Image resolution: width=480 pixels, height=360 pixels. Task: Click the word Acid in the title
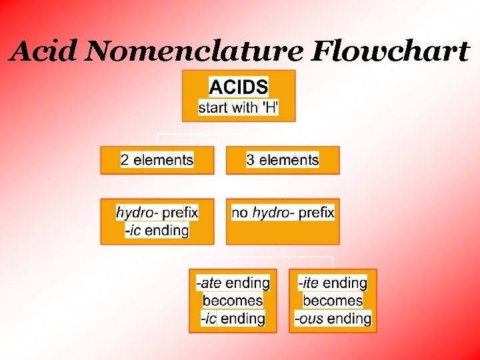pyautogui.click(x=44, y=51)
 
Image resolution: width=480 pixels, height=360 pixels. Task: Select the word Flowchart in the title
pyautogui.click(x=389, y=51)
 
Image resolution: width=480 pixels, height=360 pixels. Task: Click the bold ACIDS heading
pyautogui.click(x=239, y=87)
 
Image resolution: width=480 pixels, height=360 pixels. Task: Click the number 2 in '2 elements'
pyautogui.click(x=125, y=160)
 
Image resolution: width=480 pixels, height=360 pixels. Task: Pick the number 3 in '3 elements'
pyautogui.click(x=251, y=160)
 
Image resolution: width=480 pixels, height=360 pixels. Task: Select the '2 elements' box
pyautogui.click(x=157, y=161)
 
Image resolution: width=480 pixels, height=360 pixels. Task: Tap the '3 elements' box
pyautogui.click(x=283, y=161)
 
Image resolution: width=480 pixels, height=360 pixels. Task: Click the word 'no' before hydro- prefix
pyautogui.click(x=239, y=213)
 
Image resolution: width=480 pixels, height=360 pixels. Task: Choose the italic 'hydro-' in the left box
pyautogui.click(x=137, y=213)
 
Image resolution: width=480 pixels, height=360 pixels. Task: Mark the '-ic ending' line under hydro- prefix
pyautogui.click(x=157, y=231)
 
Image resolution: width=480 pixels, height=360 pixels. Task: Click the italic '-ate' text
pyautogui.click(x=209, y=283)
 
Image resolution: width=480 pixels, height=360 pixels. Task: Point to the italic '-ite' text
pyautogui.click(x=309, y=283)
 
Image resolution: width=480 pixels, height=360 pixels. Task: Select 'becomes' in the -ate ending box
pyautogui.click(x=233, y=301)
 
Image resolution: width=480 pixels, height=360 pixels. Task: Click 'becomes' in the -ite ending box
pyautogui.click(x=333, y=301)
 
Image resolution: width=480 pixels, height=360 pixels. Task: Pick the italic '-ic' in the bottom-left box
pyautogui.click(x=209, y=319)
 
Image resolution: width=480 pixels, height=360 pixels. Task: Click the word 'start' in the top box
pyautogui.click(x=213, y=107)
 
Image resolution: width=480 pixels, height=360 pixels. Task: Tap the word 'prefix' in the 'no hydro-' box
pyautogui.click(x=316, y=213)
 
